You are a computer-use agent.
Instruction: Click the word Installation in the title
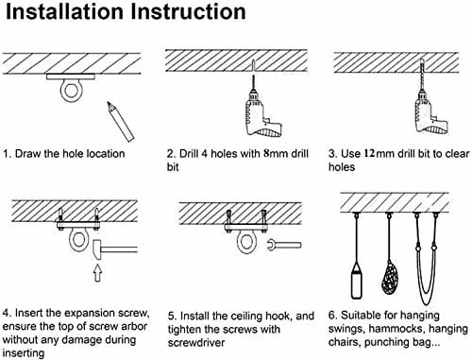point(64,11)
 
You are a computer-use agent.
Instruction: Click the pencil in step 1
point(120,121)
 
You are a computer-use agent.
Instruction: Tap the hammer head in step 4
point(97,249)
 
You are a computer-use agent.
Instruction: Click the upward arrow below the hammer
point(98,273)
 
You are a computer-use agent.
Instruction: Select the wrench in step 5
point(284,245)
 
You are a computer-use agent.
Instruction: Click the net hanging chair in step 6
point(390,276)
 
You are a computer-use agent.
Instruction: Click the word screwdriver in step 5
point(196,343)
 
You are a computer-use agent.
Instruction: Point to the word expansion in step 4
point(91,313)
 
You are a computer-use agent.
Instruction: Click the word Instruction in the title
point(188,11)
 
